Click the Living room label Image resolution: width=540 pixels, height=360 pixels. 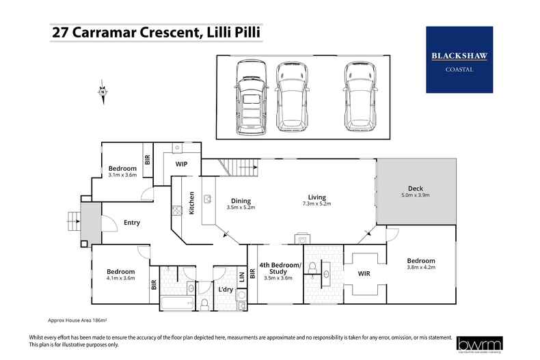[x=315, y=197]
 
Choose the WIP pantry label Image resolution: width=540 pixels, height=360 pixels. [x=182, y=165]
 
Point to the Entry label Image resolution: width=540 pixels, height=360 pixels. [x=132, y=223]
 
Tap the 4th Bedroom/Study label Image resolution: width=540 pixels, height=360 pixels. [x=280, y=268]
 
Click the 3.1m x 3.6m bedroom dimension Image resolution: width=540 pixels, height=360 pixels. [x=122, y=176]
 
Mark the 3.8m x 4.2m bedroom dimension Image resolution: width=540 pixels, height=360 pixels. [x=421, y=268]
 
